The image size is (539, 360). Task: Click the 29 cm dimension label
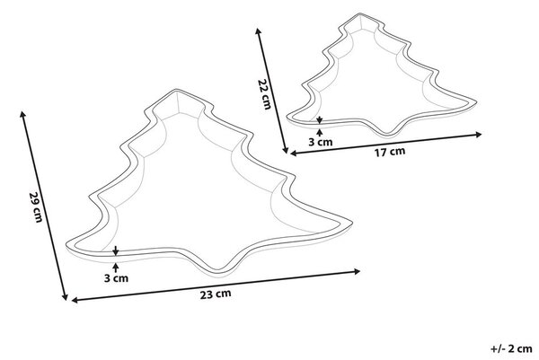[x=35, y=206]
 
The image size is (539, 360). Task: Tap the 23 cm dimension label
[x=216, y=294]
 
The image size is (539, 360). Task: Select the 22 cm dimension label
[x=264, y=93]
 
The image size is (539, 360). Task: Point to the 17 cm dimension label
[x=390, y=152]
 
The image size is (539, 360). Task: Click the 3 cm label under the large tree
[x=116, y=278]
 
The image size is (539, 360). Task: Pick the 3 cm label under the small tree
[x=321, y=142]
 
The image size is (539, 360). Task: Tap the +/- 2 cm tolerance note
[x=512, y=348]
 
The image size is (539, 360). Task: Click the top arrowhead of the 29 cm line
[x=22, y=114]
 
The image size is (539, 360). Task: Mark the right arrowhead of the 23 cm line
[x=357, y=272]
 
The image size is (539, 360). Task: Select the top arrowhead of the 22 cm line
[x=258, y=31]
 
